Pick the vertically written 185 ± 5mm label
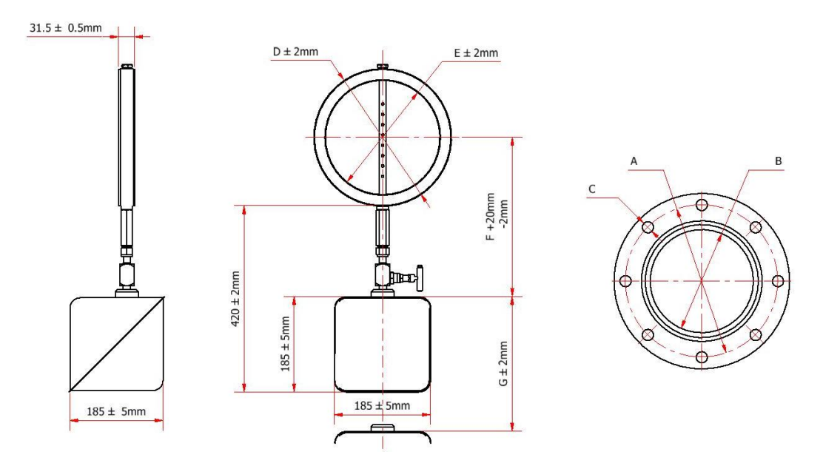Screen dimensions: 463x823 coord(286,345)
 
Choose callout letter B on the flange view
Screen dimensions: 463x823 coord(777,160)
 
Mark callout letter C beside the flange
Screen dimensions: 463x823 coord(593,189)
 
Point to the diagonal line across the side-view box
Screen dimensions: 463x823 coord(116,343)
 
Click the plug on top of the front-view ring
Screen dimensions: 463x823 coord(383,69)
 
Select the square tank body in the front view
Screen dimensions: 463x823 coord(383,344)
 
